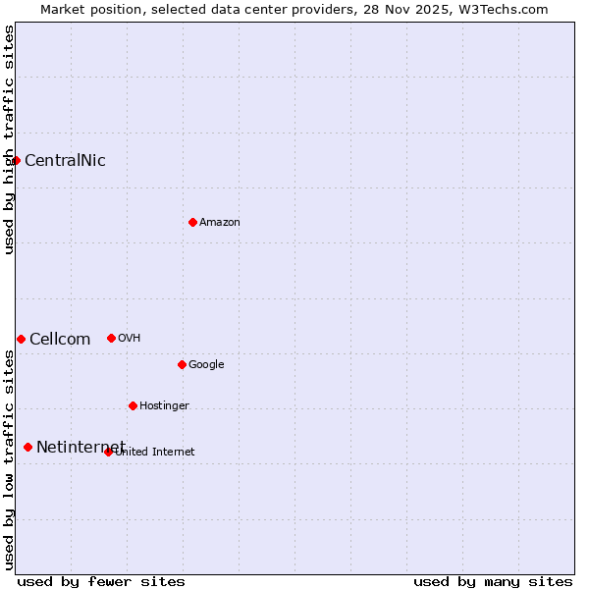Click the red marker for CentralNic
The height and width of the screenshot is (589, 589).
[x=17, y=160]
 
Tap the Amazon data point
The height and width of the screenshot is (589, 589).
[x=192, y=222]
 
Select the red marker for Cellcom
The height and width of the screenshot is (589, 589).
[x=21, y=339]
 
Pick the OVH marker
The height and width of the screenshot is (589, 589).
[x=111, y=338]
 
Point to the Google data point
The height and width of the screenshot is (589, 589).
[x=182, y=364]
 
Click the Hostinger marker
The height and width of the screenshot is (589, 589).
[x=133, y=405]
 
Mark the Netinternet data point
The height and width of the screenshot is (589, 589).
[x=27, y=447]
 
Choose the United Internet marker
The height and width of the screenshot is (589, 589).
[x=108, y=452]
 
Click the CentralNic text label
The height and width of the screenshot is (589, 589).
[x=65, y=161]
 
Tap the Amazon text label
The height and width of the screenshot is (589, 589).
[x=220, y=223]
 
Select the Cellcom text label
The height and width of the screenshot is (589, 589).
[x=60, y=340]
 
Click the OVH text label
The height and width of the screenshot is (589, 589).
[x=130, y=339]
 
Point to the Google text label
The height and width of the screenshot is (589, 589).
[x=206, y=365]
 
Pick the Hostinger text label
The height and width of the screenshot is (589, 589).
[x=164, y=406]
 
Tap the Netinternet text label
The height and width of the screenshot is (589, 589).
[x=80, y=448]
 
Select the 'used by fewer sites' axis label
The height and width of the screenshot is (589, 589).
[x=101, y=581]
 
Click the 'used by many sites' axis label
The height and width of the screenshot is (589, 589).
[x=493, y=581]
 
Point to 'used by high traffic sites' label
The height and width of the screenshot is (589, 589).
[x=9, y=139]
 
